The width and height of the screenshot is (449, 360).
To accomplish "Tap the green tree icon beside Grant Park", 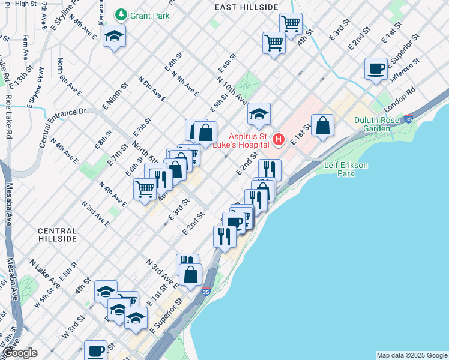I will tap(122, 14).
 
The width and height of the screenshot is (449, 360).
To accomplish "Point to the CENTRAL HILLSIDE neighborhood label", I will tap(57, 235).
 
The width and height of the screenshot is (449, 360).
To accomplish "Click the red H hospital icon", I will tap(279, 140).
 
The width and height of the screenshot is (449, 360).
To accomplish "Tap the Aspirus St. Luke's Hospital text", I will tap(250, 142).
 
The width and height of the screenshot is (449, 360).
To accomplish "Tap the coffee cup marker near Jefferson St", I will tap(376, 69).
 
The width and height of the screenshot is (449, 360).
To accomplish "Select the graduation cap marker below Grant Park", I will tap(114, 37).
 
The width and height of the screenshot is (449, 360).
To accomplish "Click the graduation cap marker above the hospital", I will tap(259, 115).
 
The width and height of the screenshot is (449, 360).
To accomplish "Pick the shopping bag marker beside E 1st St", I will tap(322, 125).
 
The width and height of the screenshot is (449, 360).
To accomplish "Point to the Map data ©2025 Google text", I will tap(411, 355).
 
